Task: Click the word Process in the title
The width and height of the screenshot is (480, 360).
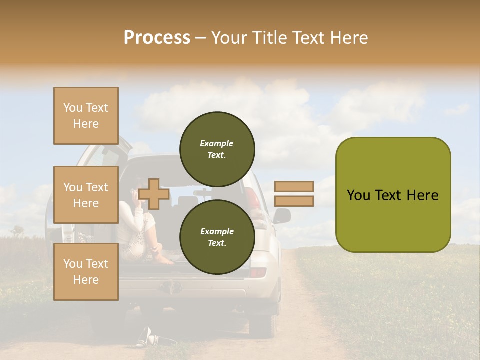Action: pos(157,38)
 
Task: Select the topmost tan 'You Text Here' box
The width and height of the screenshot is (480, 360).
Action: pos(86,116)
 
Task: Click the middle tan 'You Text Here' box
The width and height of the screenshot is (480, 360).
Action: pos(86,195)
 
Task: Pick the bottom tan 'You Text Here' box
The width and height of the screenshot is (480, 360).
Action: pos(86,271)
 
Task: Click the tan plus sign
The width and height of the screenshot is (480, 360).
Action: pos(154,194)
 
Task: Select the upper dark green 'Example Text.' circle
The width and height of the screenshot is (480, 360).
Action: pos(217,149)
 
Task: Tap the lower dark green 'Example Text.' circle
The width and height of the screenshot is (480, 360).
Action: pos(217,237)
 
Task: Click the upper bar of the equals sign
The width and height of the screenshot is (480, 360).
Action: pos(294,186)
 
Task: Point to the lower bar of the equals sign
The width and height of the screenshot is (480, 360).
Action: pos(294,201)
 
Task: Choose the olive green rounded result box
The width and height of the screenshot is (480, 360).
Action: pos(393,195)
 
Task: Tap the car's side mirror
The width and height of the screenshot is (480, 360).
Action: pos(282,215)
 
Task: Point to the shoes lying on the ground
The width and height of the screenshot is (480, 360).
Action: pos(146,338)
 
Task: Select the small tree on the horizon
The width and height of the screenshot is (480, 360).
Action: pos(18,230)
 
